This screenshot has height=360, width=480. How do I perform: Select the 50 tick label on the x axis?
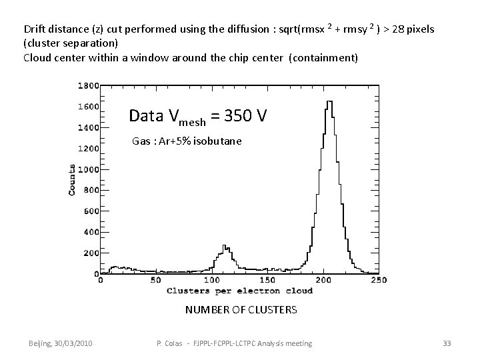coord(156,281)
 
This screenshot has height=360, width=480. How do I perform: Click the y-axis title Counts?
coord(72,179)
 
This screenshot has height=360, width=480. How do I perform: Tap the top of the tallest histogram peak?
coord(329,102)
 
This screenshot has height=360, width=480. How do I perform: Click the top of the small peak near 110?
coord(226,245)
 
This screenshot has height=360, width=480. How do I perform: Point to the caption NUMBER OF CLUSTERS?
coord(241,310)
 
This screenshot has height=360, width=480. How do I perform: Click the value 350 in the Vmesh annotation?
coord(237,116)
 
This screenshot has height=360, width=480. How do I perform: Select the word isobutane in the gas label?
coord(217,141)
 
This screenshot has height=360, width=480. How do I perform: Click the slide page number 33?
coord(447,343)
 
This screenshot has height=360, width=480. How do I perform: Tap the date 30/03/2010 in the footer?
coord(72,343)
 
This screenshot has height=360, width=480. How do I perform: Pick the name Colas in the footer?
coord(175,343)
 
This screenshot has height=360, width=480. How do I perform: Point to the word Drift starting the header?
coord(35,29)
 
